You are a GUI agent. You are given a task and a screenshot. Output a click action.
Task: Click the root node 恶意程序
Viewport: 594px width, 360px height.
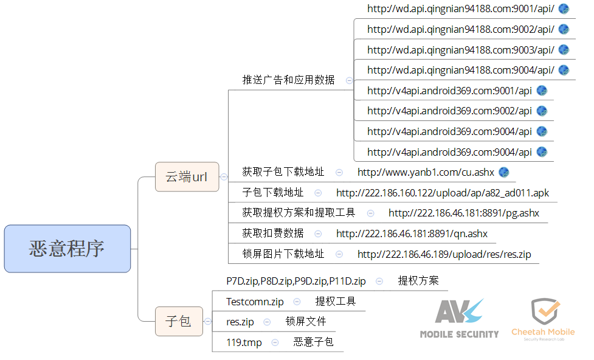pyautogui.click(x=67, y=248)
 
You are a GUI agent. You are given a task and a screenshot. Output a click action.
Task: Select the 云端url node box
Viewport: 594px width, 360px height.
pyautogui.click(x=187, y=177)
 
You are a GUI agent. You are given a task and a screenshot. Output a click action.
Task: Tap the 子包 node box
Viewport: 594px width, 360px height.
pyautogui.click(x=178, y=321)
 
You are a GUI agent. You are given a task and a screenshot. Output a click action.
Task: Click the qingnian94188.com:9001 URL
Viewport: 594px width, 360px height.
pyautogui.click(x=460, y=9)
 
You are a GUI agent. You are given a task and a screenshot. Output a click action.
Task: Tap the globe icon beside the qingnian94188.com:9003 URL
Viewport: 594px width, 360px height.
pyautogui.click(x=564, y=50)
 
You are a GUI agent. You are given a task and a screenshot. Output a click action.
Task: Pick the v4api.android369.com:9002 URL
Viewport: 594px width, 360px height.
pyautogui.click(x=449, y=111)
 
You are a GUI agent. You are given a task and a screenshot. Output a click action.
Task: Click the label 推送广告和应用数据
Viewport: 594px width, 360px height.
pyautogui.click(x=288, y=80)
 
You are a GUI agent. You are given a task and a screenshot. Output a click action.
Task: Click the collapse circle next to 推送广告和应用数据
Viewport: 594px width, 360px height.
pyautogui.click(x=349, y=80)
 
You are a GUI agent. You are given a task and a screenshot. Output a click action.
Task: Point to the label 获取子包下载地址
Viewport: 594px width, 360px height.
pyautogui.click(x=283, y=172)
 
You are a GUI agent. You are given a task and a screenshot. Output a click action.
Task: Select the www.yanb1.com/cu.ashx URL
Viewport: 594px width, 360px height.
pyautogui.click(x=426, y=172)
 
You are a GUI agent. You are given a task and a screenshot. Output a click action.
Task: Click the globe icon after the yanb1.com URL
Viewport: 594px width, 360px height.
pyautogui.click(x=503, y=172)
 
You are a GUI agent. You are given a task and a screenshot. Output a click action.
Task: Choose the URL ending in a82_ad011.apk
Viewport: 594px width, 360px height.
pyautogui.click(x=442, y=193)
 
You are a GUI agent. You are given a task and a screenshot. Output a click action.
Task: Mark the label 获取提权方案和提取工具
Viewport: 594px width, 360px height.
pyautogui.click(x=299, y=213)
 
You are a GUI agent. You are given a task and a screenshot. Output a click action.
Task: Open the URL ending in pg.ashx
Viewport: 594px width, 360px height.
pyautogui.click(x=463, y=213)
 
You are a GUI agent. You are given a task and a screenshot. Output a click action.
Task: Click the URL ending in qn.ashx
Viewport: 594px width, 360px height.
pyautogui.click(x=412, y=234)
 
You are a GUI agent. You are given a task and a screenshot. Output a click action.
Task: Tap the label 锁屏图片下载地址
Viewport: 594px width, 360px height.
pyautogui.click(x=283, y=254)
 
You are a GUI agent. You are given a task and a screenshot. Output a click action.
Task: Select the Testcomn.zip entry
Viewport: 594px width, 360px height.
pyautogui.click(x=255, y=301)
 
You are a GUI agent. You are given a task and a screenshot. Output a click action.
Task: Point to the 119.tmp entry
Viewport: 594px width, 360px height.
pyautogui.click(x=244, y=342)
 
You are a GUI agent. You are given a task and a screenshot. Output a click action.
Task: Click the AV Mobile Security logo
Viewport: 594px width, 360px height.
pyautogui.click(x=459, y=318)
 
